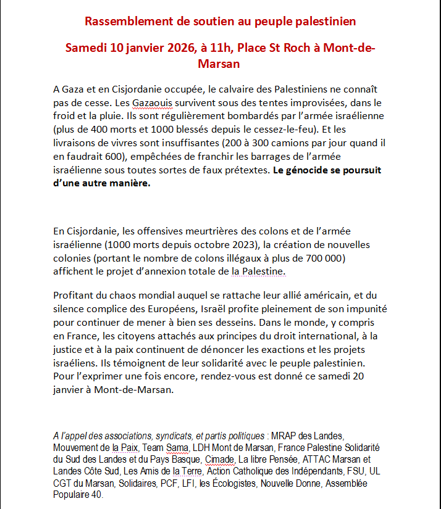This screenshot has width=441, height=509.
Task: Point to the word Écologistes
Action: point(243,483)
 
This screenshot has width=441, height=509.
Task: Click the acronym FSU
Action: point(359,471)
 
